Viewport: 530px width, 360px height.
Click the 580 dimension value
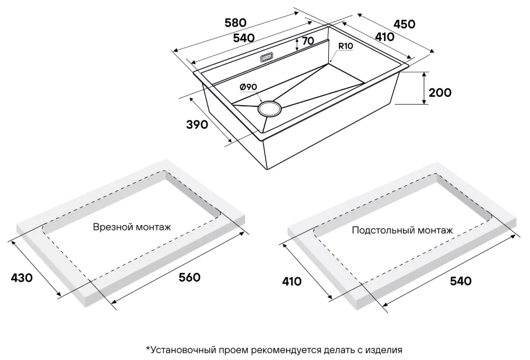coord(235,22)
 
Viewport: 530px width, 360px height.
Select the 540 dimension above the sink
coord(244,38)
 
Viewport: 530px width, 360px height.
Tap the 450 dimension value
coord(404,24)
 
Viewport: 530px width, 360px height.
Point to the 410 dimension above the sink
coord(384,37)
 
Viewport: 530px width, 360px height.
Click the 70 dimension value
coord(308,41)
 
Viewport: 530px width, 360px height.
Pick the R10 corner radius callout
coord(346,46)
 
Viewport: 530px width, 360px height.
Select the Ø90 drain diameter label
coord(248,87)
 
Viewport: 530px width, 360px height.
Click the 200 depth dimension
coord(440,92)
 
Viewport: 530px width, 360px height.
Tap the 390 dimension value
coord(197,124)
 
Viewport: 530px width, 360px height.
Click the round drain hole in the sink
coord(269,108)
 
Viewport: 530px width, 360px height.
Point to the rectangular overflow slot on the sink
coord(267,58)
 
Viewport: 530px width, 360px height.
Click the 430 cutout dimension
coord(21,278)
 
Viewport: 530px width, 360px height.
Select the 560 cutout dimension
coord(189,277)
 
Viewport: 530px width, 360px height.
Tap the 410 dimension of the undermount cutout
coord(291,281)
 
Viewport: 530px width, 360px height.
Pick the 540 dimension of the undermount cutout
coord(461,281)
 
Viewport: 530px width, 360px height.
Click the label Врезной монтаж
coord(132,227)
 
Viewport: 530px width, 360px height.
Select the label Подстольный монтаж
coord(402,231)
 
